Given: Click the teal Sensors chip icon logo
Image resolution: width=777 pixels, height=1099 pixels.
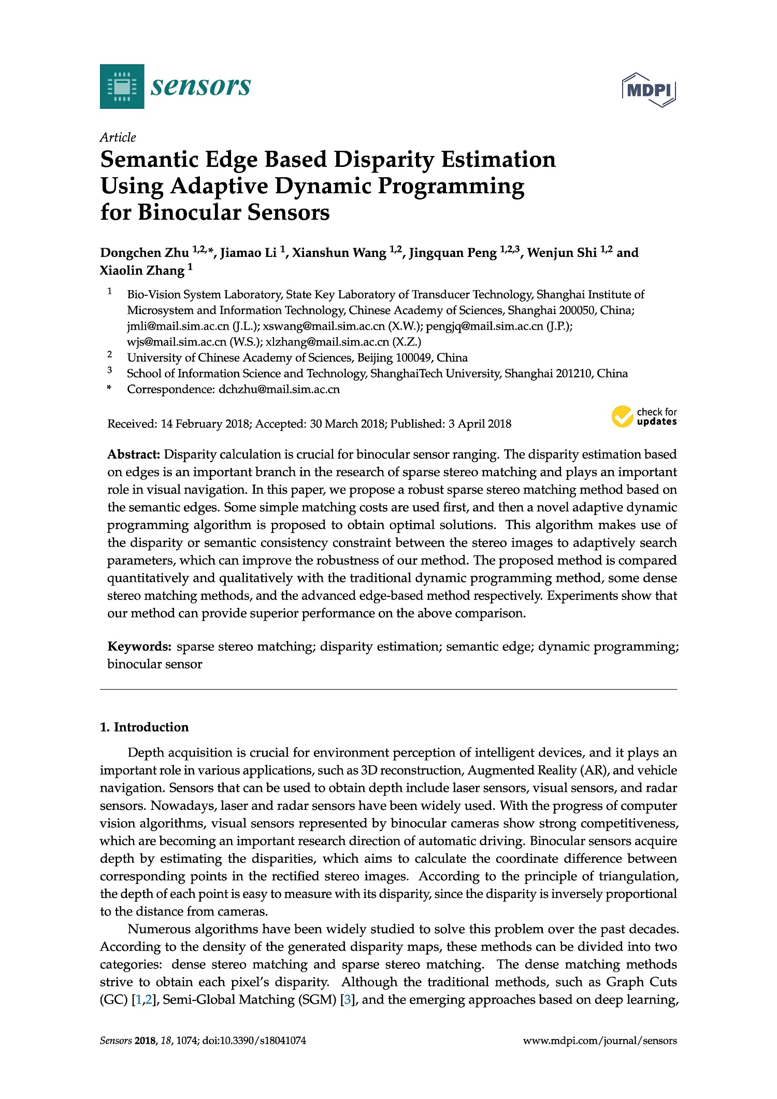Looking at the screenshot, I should pos(122,86).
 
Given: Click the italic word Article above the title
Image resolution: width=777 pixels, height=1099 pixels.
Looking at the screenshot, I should pos(118,137).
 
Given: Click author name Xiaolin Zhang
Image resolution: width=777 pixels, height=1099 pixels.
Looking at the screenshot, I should pos(142,270).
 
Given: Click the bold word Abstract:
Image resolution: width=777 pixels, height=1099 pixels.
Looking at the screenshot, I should pos(134,454).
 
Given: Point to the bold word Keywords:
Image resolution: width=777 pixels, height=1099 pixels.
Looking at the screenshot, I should pos(139,646).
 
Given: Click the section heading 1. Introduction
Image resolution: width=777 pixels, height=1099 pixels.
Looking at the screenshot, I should pos(144,727).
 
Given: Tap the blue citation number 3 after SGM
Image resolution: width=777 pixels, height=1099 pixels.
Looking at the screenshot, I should pos(347,1000).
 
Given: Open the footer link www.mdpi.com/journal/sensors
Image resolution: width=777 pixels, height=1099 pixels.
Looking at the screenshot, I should pos(600,1040).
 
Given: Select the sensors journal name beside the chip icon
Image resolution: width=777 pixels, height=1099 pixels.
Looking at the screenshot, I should pos(200,86).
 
